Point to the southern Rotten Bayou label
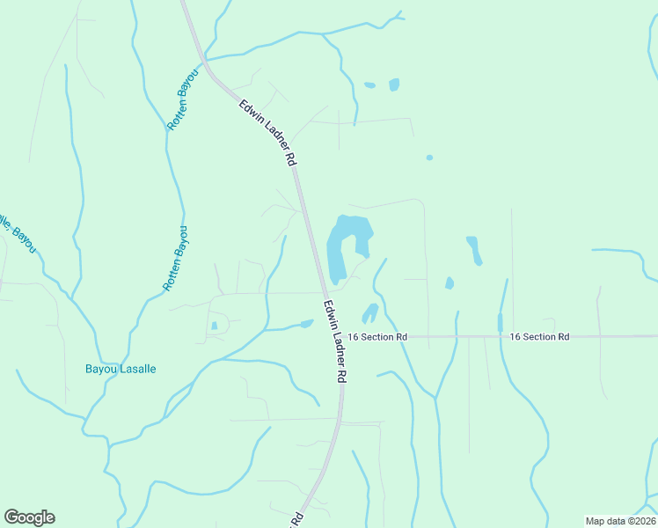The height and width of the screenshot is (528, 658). click(x=176, y=259)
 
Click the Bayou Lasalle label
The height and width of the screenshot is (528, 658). click(x=121, y=370)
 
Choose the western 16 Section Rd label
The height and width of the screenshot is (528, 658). click(x=377, y=337)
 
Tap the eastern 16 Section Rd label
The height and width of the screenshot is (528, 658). click(x=540, y=337)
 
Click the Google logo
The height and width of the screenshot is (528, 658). click(x=29, y=517)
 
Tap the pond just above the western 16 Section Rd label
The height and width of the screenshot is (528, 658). click(x=369, y=312)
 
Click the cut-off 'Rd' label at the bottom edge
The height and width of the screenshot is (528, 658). click(x=296, y=519)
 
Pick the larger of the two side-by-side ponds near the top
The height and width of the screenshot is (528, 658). click(x=394, y=84)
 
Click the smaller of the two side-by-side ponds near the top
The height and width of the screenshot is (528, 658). click(x=369, y=85)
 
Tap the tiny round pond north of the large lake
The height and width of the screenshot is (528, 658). click(x=429, y=158)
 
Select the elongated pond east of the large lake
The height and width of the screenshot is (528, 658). click(x=474, y=249)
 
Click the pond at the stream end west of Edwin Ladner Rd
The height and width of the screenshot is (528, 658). click(x=305, y=324)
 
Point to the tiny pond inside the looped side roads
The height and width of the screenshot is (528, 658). click(x=214, y=326)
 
